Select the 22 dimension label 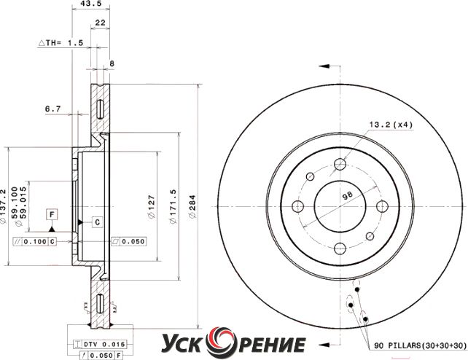pyautogui.click(x=101, y=23)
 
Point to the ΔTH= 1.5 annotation pyautogui.click(x=61, y=43)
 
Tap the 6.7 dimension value pyautogui.click(x=52, y=109)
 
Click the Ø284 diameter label pyautogui.click(x=192, y=207)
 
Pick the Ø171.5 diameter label pyautogui.click(x=173, y=206)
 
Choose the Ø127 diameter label pyautogui.click(x=152, y=207)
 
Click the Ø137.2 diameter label pyautogui.click(x=3, y=206)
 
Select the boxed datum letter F pyautogui.click(x=52, y=215)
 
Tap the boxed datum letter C pyautogui.click(x=97, y=222)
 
